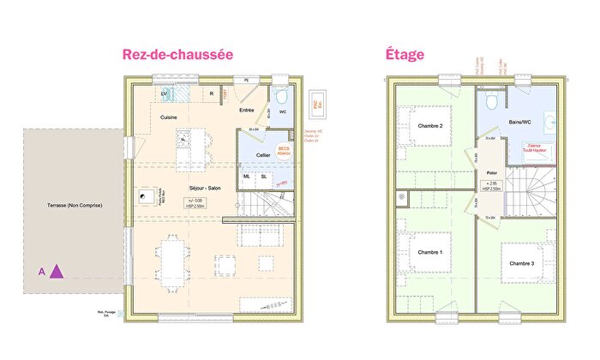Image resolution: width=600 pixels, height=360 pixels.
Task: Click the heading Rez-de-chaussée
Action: pyautogui.click(x=177, y=55)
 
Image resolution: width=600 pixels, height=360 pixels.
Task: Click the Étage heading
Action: pyautogui.click(x=404, y=55)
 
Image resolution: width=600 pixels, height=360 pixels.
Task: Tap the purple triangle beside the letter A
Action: pyautogui.click(x=57, y=272)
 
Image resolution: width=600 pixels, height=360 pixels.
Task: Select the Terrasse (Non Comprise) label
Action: pyautogui.click(x=75, y=207)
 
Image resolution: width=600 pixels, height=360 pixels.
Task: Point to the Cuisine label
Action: pyautogui.click(x=169, y=117)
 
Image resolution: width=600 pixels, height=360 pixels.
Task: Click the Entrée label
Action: pyautogui.click(x=246, y=110)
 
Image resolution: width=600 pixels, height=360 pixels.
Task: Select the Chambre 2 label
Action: pyautogui.click(x=429, y=126)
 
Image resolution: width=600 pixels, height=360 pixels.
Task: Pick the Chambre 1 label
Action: pyautogui.click(x=429, y=252)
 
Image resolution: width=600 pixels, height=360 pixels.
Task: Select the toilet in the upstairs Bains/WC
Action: pyautogui.click(x=491, y=101)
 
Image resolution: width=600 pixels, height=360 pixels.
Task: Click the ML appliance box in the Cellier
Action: pyautogui.click(x=247, y=177)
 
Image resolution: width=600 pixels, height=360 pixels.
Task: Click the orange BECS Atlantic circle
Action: pyautogui.click(x=284, y=149)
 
